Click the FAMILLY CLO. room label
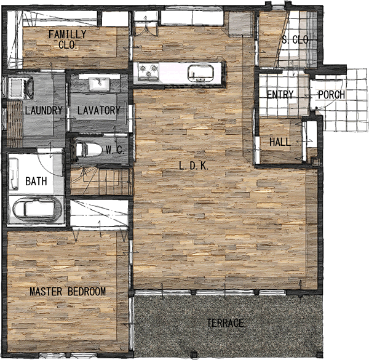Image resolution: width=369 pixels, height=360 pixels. click(68, 39)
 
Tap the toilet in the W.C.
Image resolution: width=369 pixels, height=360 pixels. click(89, 150)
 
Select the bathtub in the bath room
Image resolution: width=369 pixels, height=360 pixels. click(37, 209)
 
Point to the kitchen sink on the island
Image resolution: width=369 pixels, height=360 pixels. click(200, 73)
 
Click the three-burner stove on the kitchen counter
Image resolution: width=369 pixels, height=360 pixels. click(148, 71)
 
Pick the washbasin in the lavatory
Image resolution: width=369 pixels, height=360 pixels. click(100, 84)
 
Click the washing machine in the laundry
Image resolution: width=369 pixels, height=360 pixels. click(21, 87)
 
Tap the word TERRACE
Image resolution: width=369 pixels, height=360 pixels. click(225, 323)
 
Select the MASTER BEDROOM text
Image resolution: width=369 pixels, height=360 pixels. click(68, 292)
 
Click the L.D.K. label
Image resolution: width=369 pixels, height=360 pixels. click(194, 166)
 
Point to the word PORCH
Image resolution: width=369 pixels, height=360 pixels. click(331, 95)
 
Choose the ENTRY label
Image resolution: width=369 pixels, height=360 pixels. click(280, 94)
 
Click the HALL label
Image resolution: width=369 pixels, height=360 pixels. click(280, 142)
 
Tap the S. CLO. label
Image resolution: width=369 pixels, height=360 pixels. click(296, 40)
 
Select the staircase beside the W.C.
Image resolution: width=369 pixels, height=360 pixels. click(100, 181)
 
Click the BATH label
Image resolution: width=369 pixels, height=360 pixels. click(36, 182)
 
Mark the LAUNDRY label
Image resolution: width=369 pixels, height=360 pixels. click(44, 110)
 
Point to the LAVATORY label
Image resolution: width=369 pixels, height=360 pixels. click(99, 110)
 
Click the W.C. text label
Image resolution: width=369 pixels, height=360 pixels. click(114, 150)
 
